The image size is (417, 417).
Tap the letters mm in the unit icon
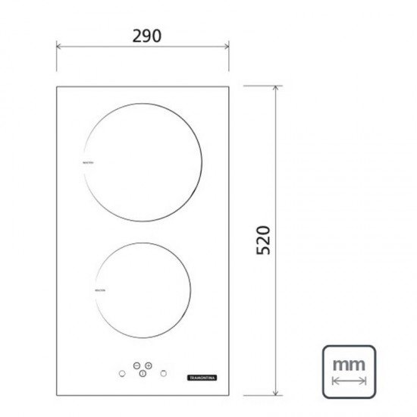tap(350, 365)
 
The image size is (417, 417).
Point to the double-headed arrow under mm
tap(350, 382)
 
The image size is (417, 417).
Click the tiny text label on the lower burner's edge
tap(99, 290)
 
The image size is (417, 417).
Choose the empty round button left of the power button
tap(121, 374)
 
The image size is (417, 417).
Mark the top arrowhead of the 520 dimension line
tap(274, 88)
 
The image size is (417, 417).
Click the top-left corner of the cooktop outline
tap(57, 86)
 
